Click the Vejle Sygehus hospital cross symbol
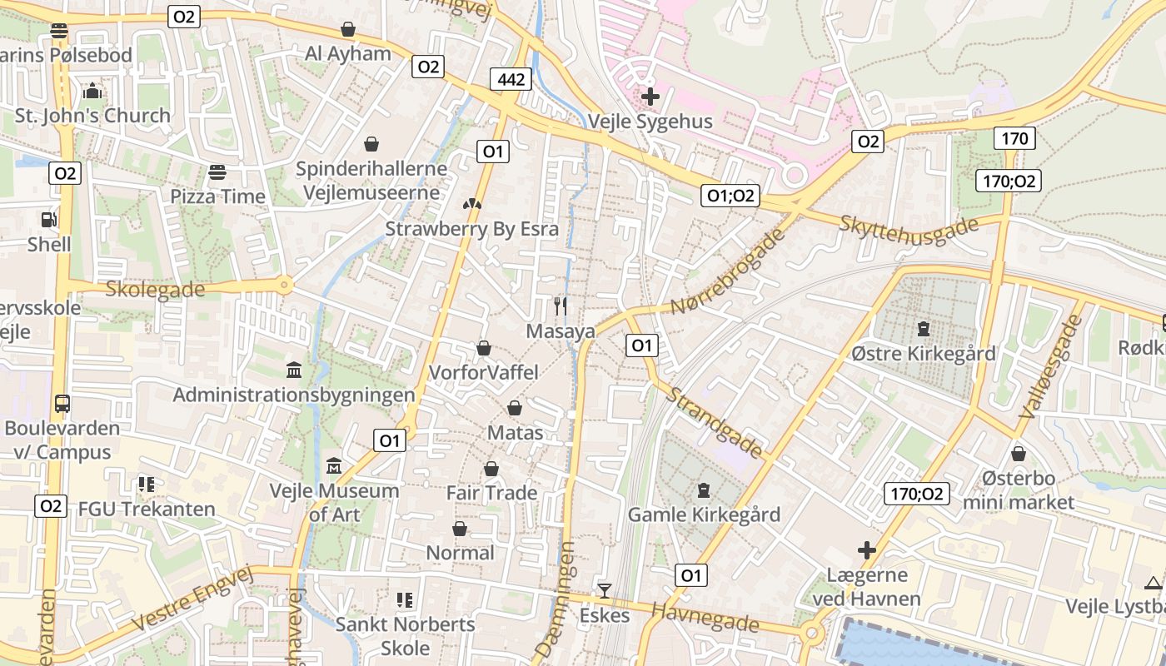click(x=650, y=96)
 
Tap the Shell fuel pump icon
click(x=49, y=220)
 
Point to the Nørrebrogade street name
click(x=728, y=271)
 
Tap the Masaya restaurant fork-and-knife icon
click(x=561, y=306)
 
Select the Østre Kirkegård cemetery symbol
click(x=923, y=329)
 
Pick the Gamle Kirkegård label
click(x=704, y=514)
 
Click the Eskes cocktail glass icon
click(x=604, y=591)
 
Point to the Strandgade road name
click(x=715, y=422)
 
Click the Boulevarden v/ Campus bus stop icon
click(x=62, y=404)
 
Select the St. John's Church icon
click(x=92, y=91)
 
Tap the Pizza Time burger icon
click(x=217, y=172)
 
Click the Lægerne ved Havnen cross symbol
click(x=867, y=550)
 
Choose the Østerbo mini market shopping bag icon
click(x=1018, y=454)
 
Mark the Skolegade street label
click(x=155, y=289)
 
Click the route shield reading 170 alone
click(x=1014, y=137)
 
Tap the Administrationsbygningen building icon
click(x=293, y=370)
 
